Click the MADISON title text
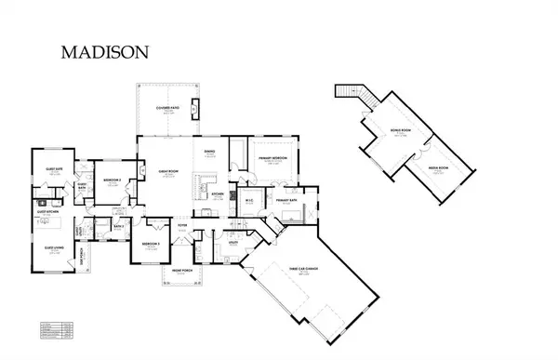[x=104, y=53]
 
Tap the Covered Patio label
[x=167, y=109]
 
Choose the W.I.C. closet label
[x=249, y=200]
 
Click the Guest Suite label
[x=52, y=168]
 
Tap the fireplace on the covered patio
[x=193, y=108]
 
